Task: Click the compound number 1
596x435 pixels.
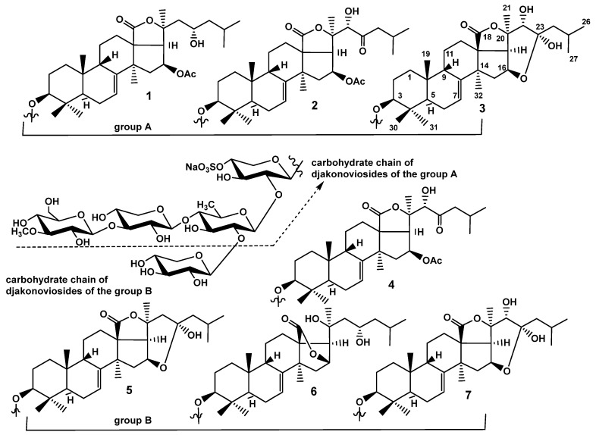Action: click(x=149, y=96)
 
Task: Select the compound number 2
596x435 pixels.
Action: click(x=314, y=105)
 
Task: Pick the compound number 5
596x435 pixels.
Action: click(x=129, y=390)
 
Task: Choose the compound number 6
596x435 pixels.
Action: click(x=313, y=391)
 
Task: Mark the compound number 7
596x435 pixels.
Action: click(x=468, y=395)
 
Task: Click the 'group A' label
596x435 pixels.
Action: click(x=133, y=127)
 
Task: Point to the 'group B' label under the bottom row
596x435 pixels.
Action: click(x=133, y=421)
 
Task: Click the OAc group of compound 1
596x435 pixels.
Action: click(x=187, y=74)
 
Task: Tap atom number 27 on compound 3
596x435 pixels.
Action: click(x=573, y=58)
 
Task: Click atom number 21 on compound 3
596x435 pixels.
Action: click(x=506, y=8)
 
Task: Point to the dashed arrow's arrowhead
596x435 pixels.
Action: click(x=322, y=184)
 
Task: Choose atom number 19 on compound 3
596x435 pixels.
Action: click(x=426, y=54)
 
